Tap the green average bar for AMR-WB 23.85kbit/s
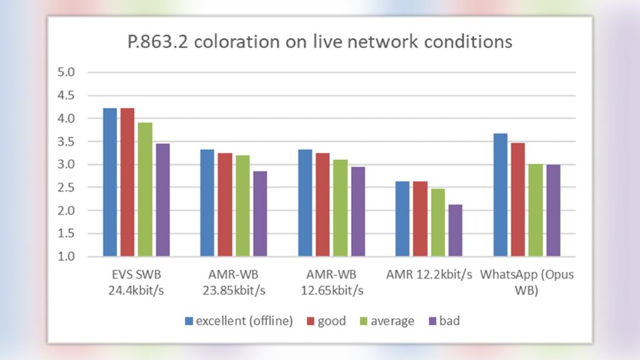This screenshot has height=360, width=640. (x=242, y=206)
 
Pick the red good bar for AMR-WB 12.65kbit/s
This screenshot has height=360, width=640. (x=323, y=205)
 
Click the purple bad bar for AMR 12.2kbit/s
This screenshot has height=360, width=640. (x=455, y=231)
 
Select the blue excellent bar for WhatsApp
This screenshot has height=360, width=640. (x=500, y=195)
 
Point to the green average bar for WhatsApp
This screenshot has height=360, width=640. (x=535, y=210)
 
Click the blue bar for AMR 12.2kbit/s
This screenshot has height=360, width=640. (x=402, y=219)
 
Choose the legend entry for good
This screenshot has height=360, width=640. (x=325, y=321)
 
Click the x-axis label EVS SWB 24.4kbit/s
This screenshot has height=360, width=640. (x=137, y=282)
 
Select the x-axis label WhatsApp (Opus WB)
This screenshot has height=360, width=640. (x=526, y=282)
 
